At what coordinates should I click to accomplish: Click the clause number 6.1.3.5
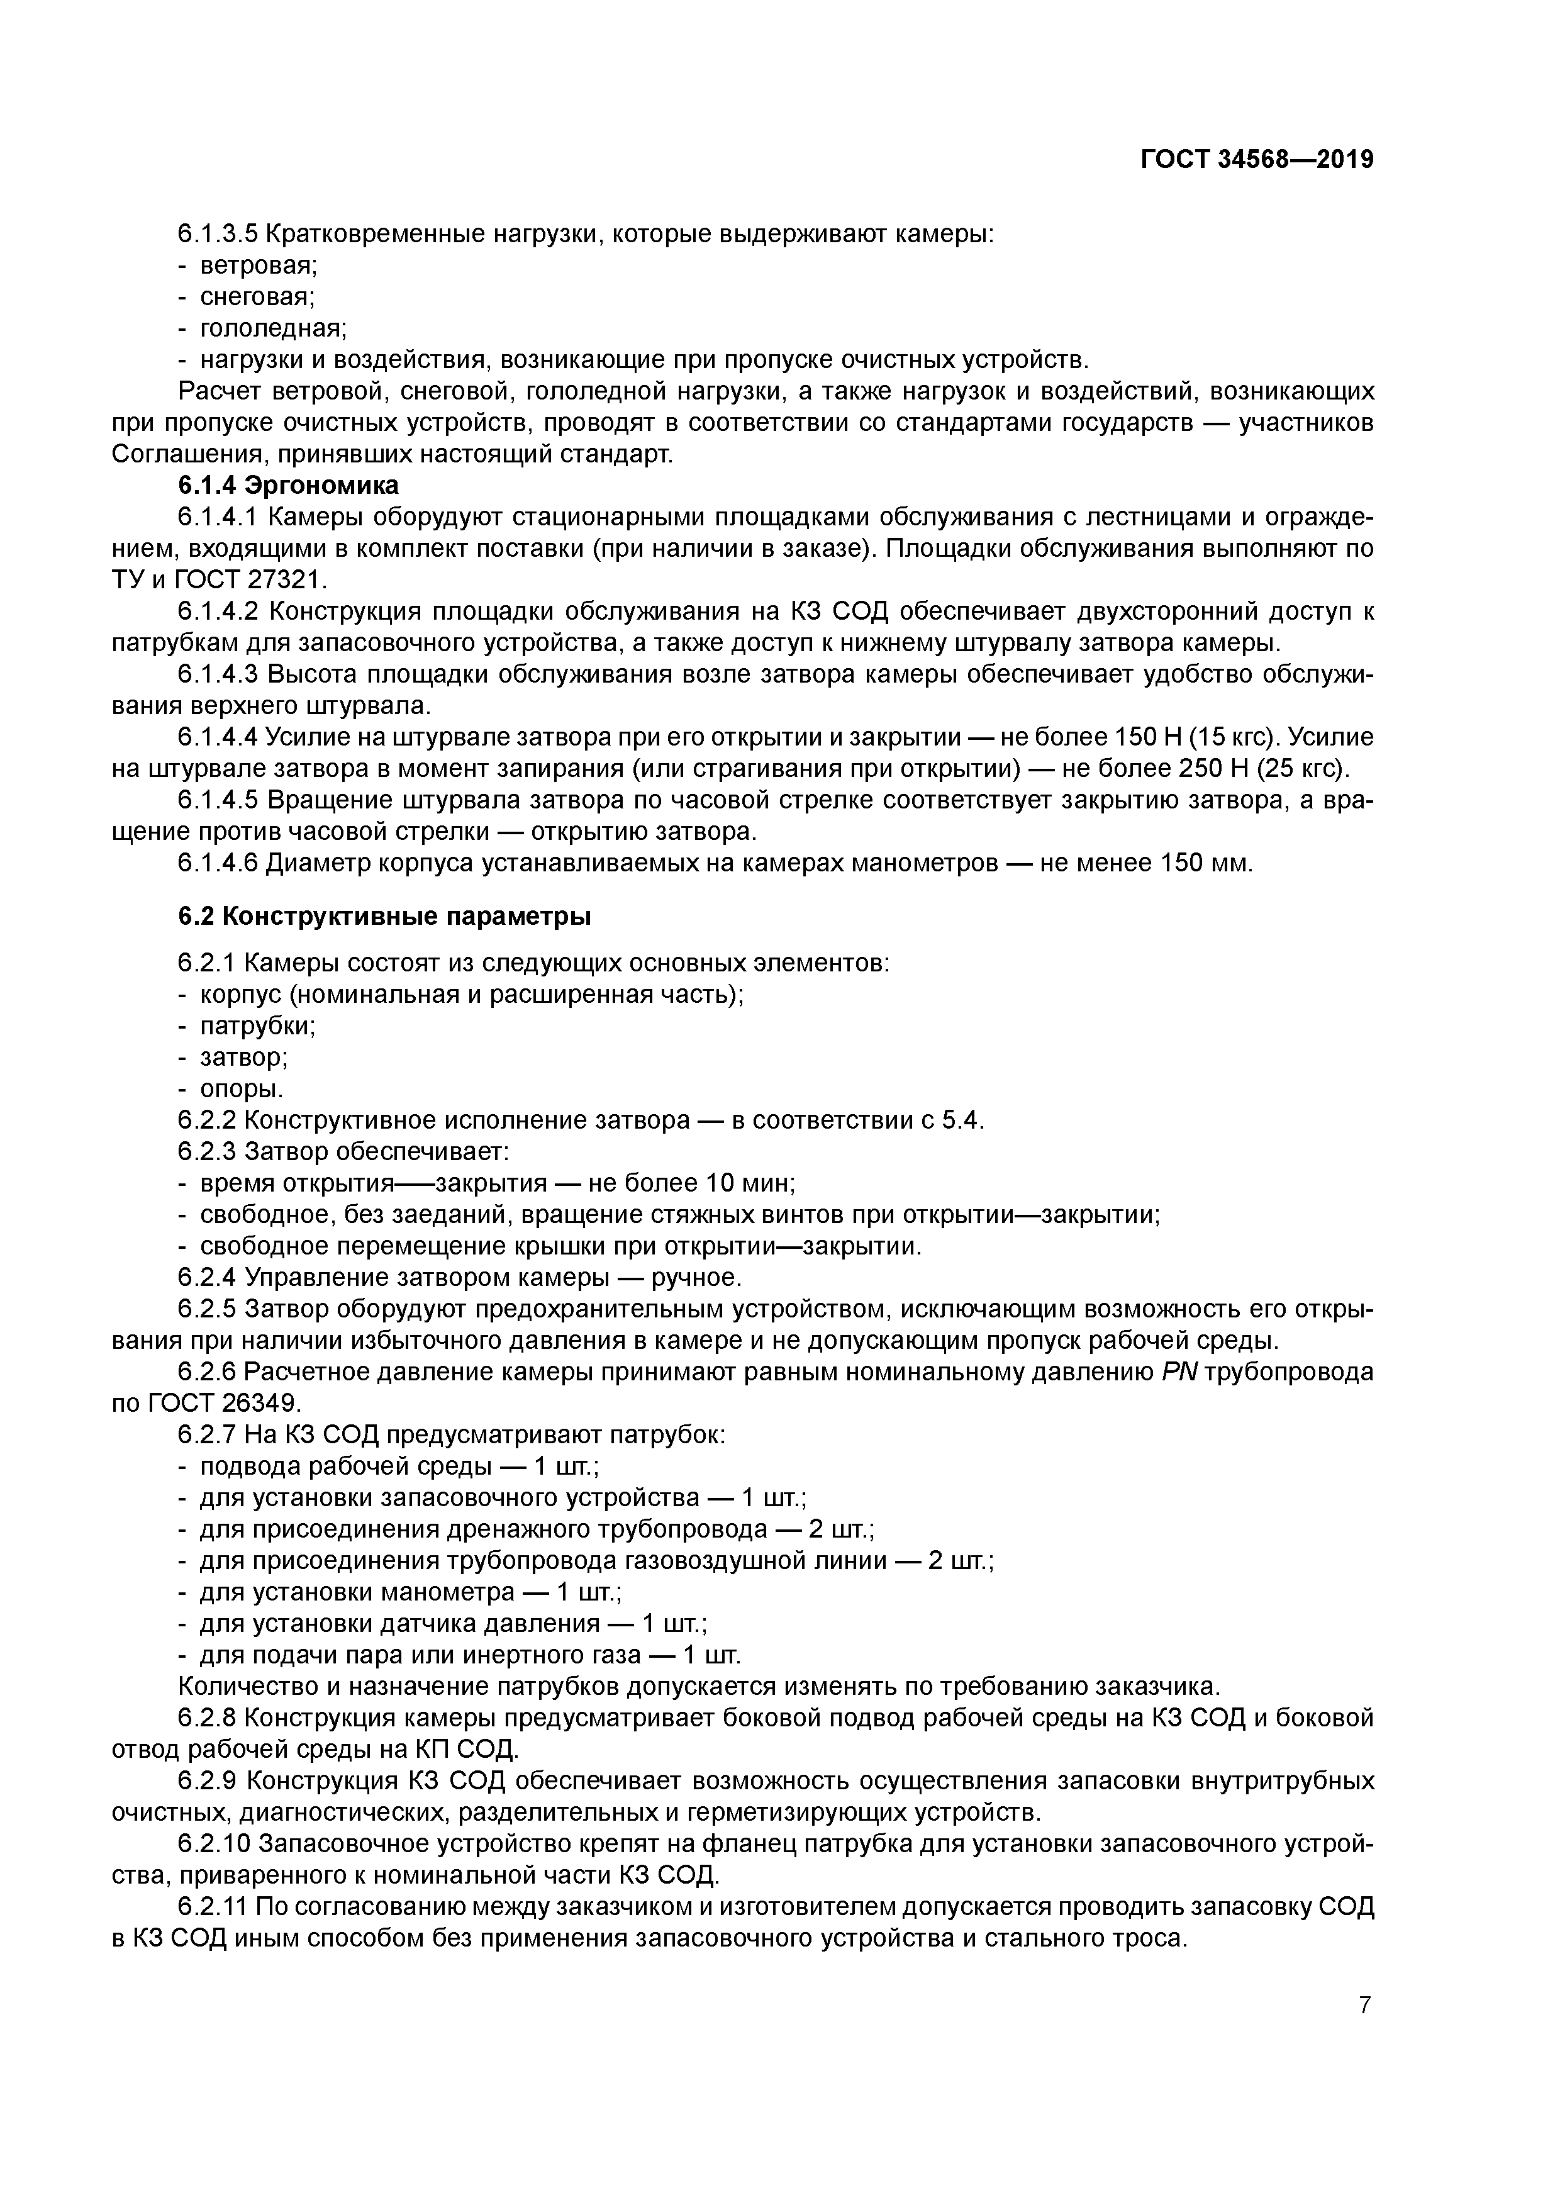[x=218, y=233]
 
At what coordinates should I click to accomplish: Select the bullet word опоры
[x=240, y=1089]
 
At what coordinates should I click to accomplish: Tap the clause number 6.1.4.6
[x=218, y=863]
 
